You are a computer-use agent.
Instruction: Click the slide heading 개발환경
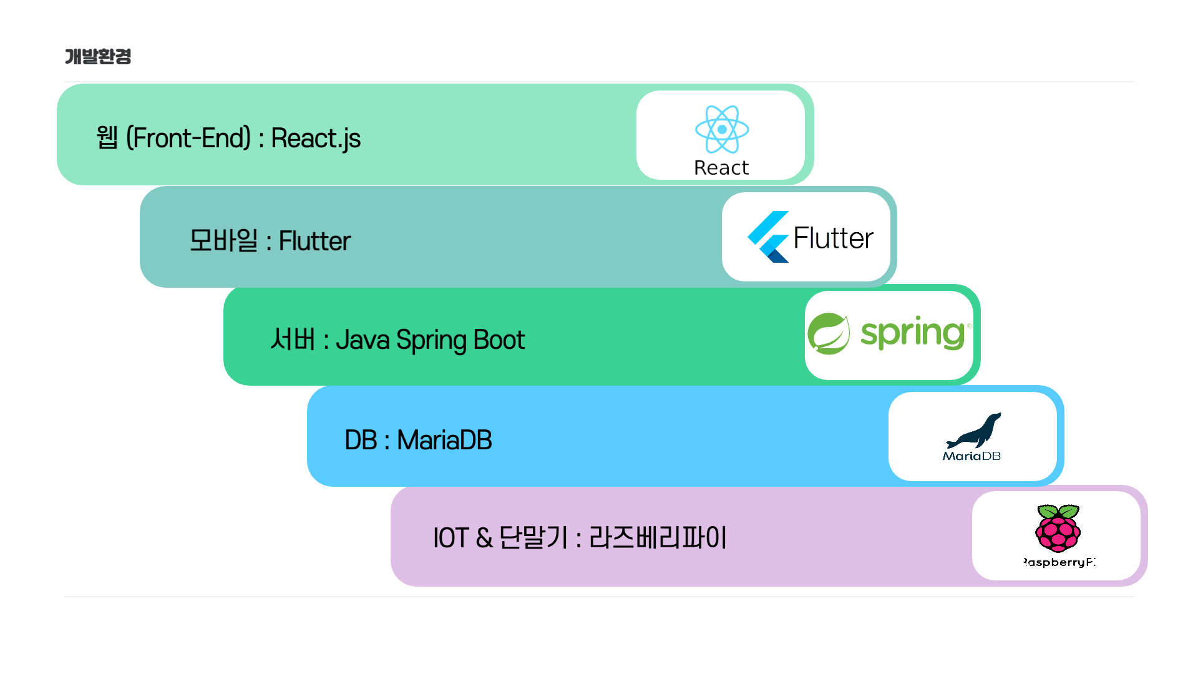click(x=98, y=56)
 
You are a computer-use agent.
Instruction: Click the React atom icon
click(x=722, y=129)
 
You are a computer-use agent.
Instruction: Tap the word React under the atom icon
click(x=721, y=168)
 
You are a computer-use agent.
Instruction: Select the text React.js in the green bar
click(x=316, y=139)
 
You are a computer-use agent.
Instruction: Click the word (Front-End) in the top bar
click(x=188, y=138)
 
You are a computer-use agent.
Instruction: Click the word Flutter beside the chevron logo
click(x=833, y=238)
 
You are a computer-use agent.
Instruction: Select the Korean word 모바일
click(x=223, y=240)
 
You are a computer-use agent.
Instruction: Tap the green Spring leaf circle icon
click(x=829, y=334)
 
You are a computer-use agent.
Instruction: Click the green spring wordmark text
click(x=913, y=333)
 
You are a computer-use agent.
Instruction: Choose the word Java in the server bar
click(x=363, y=340)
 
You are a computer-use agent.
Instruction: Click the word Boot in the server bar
click(x=499, y=340)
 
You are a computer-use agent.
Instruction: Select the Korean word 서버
click(x=293, y=340)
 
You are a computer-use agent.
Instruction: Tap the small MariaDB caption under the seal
click(x=972, y=456)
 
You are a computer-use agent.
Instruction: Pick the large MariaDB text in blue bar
click(x=444, y=440)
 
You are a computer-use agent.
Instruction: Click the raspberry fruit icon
click(x=1058, y=529)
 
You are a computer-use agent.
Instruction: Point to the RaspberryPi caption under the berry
click(x=1059, y=562)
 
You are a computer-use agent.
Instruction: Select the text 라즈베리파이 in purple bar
click(x=658, y=538)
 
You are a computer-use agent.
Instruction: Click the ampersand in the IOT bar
click(x=484, y=538)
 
